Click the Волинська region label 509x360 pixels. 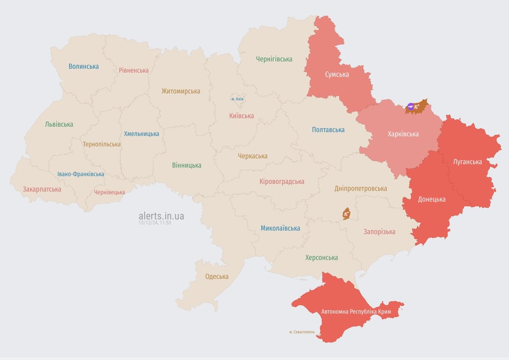(83, 67)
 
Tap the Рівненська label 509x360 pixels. (134, 70)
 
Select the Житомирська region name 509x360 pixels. (180, 91)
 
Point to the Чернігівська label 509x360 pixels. (274, 59)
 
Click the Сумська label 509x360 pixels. (337, 74)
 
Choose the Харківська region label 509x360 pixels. (403, 134)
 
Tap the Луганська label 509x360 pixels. (467, 162)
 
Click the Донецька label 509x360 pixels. (432, 199)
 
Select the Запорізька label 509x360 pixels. (379, 232)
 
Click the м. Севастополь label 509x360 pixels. (302, 332)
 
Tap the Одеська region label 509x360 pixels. (217, 277)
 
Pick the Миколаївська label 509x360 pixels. (280, 228)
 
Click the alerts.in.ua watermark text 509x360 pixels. (161, 216)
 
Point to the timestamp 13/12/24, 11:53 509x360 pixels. (155, 223)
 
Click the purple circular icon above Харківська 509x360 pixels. (411, 107)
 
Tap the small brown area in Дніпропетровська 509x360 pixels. (346, 214)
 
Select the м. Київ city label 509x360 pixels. (237, 99)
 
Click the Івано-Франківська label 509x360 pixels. (81, 174)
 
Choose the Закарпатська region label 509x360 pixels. (42, 189)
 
